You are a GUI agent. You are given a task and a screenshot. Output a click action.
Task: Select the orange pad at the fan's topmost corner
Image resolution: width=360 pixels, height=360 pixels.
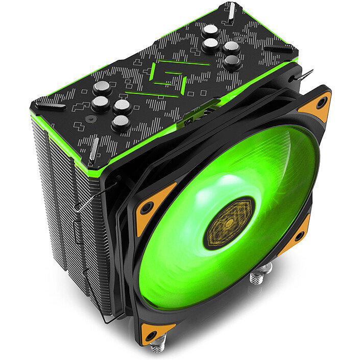coord(315,106)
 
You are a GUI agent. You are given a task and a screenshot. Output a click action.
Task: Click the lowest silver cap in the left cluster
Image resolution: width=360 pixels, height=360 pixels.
coord(121,123)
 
